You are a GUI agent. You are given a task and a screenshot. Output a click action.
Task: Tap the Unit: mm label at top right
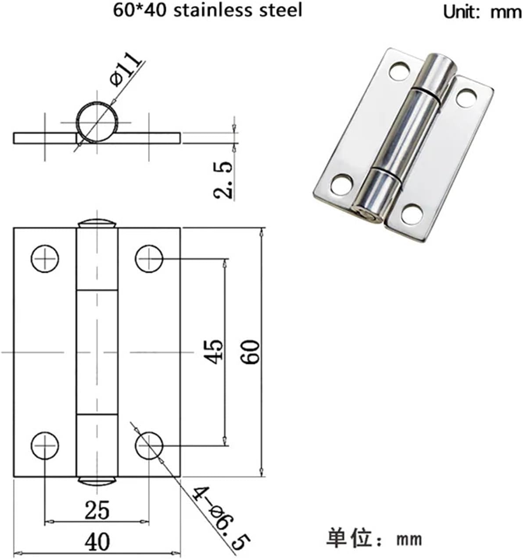(x=482, y=12)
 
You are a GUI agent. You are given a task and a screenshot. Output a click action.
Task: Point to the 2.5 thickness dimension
(x=223, y=180)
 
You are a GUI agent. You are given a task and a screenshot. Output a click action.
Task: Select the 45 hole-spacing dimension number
(x=215, y=351)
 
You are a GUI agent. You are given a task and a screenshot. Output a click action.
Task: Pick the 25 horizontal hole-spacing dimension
(x=97, y=510)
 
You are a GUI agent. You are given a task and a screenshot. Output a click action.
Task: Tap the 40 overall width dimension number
(x=97, y=542)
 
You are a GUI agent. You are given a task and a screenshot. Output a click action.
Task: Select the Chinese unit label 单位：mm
(x=374, y=538)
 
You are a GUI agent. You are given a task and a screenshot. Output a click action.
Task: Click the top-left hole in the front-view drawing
(x=45, y=259)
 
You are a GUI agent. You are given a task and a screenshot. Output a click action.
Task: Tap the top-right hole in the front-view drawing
(x=149, y=259)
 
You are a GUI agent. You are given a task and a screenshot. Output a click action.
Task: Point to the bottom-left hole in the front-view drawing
(x=45, y=445)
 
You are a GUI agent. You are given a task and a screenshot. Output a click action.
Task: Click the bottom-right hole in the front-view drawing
(x=149, y=445)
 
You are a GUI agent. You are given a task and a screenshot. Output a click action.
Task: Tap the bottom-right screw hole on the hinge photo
(x=412, y=214)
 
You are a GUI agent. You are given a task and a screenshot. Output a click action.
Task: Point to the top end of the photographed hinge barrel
(x=441, y=59)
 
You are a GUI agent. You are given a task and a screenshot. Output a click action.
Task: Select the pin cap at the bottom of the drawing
(x=97, y=481)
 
